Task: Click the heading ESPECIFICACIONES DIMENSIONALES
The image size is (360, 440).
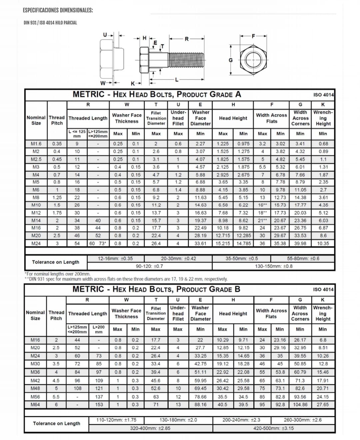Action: [x=58, y=10]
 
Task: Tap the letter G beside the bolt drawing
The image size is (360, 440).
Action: [x=230, y=60]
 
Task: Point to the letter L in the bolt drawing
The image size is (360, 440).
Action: [x=177, y=80]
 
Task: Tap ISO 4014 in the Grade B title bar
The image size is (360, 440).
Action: [x=323, y=289]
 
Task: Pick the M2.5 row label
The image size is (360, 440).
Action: [x=36, y=159]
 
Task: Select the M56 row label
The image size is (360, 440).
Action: [x=35, y=397]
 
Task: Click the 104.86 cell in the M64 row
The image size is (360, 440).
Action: [x=300, y=404]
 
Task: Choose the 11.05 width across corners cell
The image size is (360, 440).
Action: [x=300, y=190]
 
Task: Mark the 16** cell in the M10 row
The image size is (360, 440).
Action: [x=262, y=205]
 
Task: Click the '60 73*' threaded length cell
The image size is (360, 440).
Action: [x=98, y=243]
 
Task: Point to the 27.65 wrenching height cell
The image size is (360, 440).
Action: [x=323, y=404]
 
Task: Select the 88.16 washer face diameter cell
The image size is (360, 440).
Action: [x=200, y=404]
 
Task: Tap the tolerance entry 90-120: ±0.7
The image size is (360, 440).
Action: [x=149, y=266]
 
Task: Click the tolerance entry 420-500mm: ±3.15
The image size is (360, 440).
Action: [x=273, y=428]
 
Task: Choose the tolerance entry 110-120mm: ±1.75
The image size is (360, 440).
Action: [x=116, y=420]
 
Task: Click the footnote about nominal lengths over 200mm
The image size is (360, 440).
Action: [x=58, y=274]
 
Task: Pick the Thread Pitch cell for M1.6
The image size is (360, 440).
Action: [x=57, y=144]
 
